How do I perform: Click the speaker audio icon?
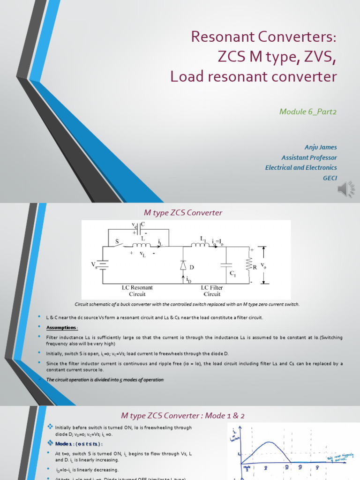coord(345,189)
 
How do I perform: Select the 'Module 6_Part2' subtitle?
coord(308,111)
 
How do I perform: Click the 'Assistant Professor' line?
coord(309,157)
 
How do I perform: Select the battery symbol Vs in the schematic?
coord(103,265)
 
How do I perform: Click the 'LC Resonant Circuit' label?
coord(137,291)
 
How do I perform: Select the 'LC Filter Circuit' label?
coord(212,291)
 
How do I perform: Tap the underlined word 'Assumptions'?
coord(61,328)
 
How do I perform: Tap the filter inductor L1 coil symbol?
coord(199,244)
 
